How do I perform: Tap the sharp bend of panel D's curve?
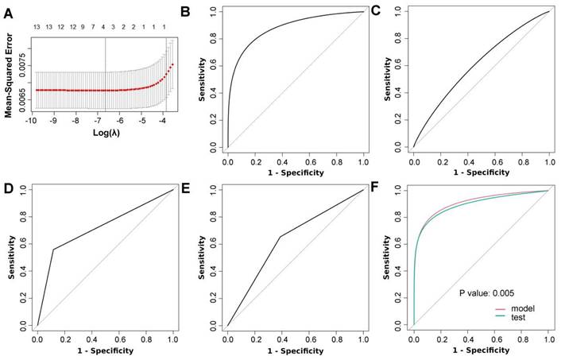tap(53, 250)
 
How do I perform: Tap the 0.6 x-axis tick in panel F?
tap(495, 339)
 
